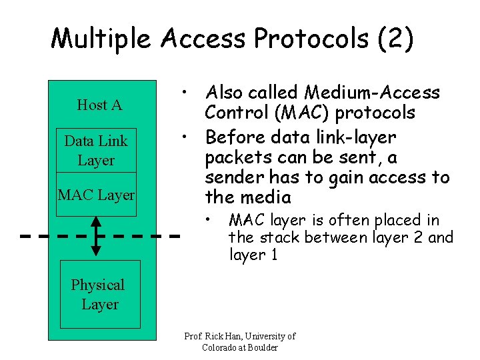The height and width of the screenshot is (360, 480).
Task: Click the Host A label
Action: pos(99,105)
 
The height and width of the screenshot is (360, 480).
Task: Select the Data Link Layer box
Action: pos(96,151)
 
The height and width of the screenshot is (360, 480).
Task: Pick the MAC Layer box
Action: pos(96,195)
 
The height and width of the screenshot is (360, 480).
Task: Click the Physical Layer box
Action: pos(100,295)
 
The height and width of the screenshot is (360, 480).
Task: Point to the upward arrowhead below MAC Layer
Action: pos(96,221)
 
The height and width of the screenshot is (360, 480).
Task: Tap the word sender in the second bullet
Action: pos(230,177)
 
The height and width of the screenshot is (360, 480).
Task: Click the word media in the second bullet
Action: pos(267,197)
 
